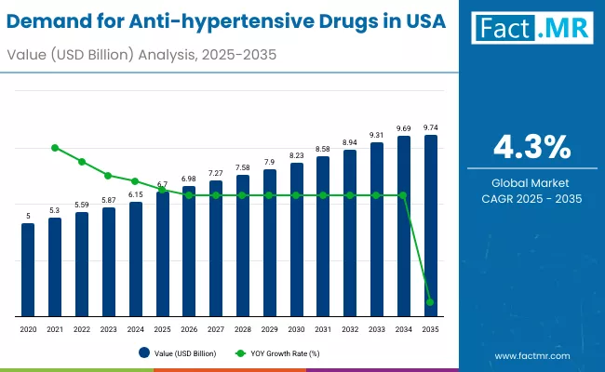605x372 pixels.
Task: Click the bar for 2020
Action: (28, 270)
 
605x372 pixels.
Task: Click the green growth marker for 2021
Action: (55, 148)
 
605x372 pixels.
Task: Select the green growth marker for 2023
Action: (109, 175)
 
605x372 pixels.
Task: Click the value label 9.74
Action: (431, 127)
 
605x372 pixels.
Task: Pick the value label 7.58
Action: (243, 167)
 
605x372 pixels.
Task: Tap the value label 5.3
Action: (55, 210)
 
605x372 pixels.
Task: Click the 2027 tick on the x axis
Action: (216, 329)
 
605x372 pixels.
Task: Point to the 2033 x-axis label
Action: (377, 329)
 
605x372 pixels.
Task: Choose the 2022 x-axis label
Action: (82, 329)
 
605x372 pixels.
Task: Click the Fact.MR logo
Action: (531, 29)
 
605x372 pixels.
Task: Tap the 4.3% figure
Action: (531, 146)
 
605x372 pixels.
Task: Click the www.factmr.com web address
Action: (532, 355)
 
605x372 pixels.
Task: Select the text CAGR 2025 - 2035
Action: (531, 198)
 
